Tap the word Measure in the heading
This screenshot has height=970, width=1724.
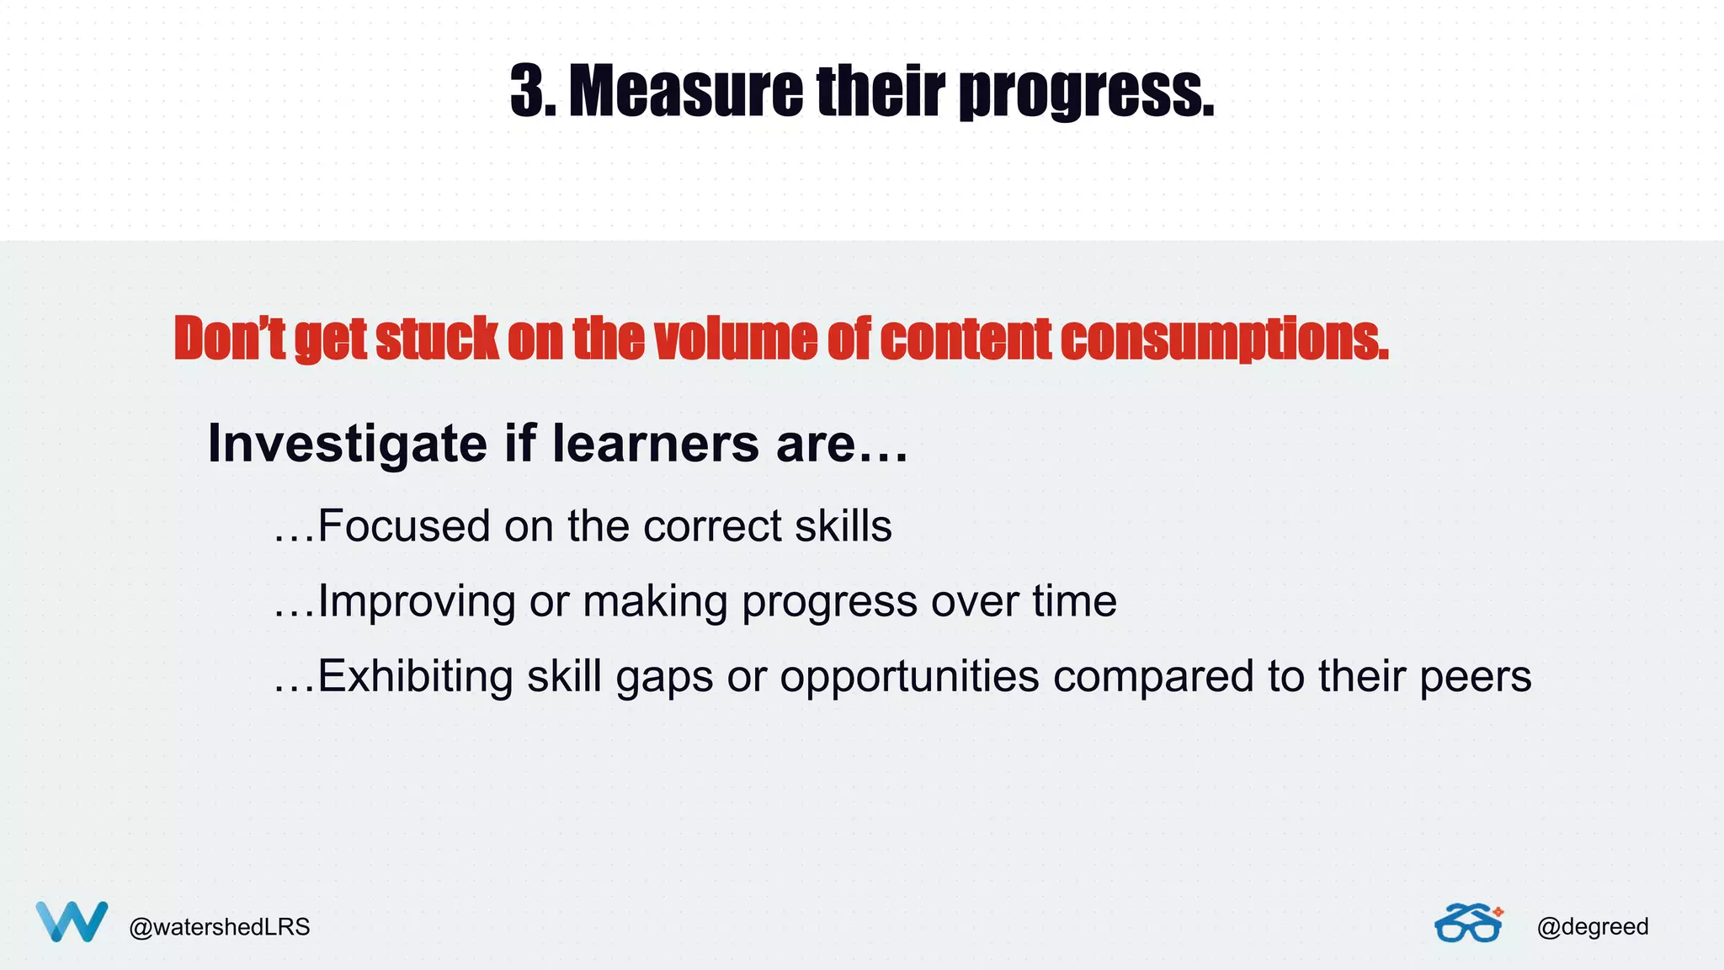[686, 91]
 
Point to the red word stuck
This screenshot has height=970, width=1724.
[437, 338]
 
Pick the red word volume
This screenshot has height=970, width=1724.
[735, 338]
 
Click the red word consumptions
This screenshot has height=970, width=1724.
[1224, 338]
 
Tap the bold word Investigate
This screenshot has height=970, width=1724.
[347, 444]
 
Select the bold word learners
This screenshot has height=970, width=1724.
[656, 444]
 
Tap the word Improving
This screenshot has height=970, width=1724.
[417, 601]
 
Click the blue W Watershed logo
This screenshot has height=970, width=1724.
[72, 921]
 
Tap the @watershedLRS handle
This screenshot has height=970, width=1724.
[220, 927]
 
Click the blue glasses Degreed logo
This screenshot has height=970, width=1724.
[1469, 924]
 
